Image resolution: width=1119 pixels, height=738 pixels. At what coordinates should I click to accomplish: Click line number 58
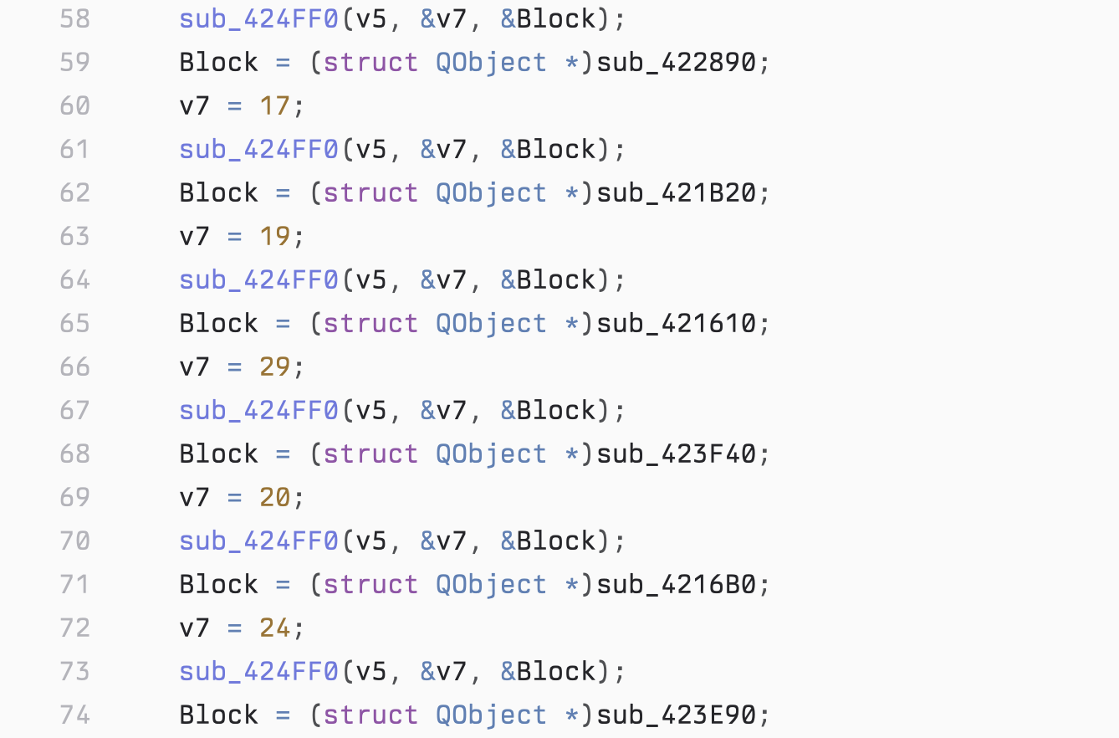tap(75, 19)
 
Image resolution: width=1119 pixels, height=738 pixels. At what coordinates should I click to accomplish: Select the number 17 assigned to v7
tap(275, 106)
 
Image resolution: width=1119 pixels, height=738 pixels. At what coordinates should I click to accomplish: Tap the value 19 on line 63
tap(275, 236)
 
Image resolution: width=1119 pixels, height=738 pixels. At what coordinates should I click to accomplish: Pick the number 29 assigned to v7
tap(275, 366)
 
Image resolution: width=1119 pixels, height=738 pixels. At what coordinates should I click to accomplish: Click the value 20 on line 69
tap(275, 497)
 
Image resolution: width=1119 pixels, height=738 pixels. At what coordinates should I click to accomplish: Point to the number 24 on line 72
tap(275, 628)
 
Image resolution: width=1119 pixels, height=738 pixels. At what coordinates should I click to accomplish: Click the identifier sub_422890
tap(677, 63)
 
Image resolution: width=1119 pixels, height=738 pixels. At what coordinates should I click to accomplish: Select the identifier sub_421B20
tap(677, 193)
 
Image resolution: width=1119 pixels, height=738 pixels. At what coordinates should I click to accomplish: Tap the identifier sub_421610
tap(677, 324)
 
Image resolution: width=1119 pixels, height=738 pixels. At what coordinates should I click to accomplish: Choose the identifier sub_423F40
tap(677, 454)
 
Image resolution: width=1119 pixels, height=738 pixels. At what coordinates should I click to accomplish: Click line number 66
tap(75, 366)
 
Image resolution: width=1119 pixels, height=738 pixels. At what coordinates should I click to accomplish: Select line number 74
tap(75, 715)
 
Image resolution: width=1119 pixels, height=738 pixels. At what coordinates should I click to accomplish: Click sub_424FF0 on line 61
tap(258, 150)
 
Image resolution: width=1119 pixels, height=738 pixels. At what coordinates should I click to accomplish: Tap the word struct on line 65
tap(370, 324)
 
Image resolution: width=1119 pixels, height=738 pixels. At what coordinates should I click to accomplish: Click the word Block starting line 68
tap(219, 454)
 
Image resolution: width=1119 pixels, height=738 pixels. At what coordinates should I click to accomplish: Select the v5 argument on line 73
tap(371, 672)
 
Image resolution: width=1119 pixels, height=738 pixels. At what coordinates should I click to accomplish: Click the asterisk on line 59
tap(571, 63)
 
